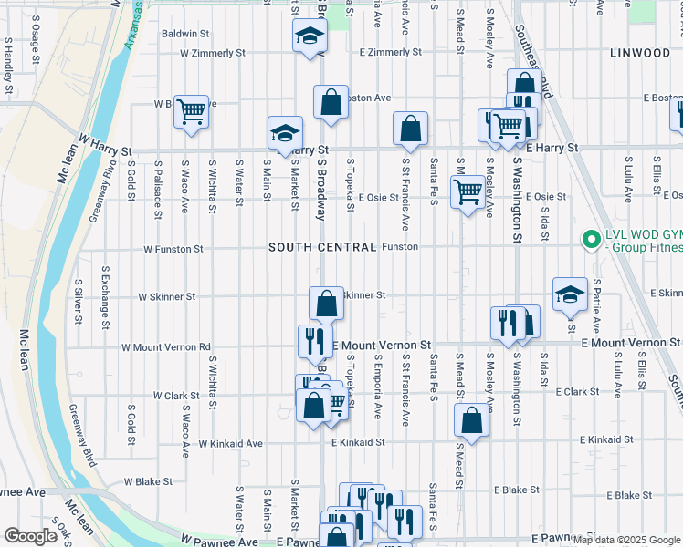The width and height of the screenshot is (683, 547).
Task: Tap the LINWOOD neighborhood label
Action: click(x=640, y=53)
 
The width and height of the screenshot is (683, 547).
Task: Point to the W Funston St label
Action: click(x=173, y=248)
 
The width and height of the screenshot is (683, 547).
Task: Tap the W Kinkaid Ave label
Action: click(x=230, y=443)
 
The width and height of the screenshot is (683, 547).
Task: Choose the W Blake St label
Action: click(x=148, y=481)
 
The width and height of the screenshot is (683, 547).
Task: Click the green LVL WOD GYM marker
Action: click(x=592, y=241)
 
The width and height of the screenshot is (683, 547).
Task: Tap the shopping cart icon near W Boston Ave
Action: click(x=191, y=112)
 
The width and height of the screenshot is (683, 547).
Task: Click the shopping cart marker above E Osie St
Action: click(x=468, y=191)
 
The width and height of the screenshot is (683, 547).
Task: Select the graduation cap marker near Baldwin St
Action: click(x=310, y=36)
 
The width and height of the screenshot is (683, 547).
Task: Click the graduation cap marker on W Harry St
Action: click(x=285, y=133)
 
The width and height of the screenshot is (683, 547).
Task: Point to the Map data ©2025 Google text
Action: click(x=626, y=540)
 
